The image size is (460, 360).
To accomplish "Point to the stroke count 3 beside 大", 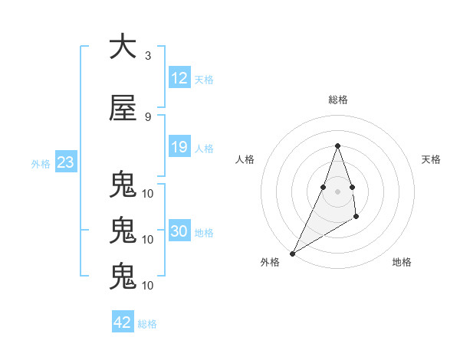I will (148, 56).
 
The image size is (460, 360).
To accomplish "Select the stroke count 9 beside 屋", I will (148, 117).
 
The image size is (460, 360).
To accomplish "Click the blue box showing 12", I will (179, 79).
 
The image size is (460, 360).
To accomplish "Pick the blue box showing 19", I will (179, 147).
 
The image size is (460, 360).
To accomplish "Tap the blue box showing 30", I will (179, 232).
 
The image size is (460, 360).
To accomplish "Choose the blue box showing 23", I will (65, 163).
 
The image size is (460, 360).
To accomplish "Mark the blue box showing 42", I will (123, 322).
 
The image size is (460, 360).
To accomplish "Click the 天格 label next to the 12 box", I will (203, 80).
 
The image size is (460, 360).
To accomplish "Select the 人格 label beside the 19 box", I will (203, 148).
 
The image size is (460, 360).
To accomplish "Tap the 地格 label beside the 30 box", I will (203, 233).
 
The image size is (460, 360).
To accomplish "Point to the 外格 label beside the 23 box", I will (41, 164).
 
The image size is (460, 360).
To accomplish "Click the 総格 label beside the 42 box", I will (147, 324).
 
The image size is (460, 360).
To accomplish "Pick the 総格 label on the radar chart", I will (337, 100).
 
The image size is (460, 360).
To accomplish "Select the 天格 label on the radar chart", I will (431, 159).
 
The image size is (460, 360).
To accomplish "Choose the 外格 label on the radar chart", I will (270, 262).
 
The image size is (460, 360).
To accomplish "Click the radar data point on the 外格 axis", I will (292, 254).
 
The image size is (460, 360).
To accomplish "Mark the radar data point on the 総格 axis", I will (337, 146).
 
